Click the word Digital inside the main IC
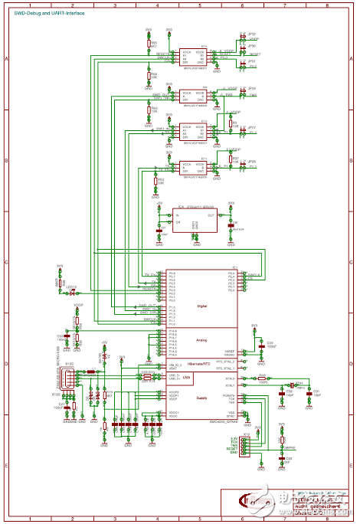(201, 306)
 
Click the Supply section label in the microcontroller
(201, 398)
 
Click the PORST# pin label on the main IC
(229, 395)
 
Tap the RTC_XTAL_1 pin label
(224, 368)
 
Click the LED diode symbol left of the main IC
(72, 293)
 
